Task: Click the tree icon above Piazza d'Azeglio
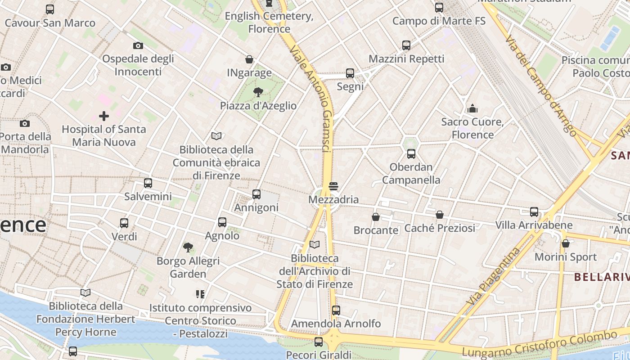258,93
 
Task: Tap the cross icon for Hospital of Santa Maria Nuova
104,116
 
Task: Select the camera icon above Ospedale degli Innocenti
138,45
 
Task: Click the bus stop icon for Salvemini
148,183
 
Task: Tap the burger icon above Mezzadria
333,186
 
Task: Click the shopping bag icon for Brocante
376,217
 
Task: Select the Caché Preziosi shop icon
440,215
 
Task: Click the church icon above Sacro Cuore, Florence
472,108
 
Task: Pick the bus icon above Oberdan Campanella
411,154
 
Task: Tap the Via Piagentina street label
494,278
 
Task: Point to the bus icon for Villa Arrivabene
534,211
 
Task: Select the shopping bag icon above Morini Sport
566,243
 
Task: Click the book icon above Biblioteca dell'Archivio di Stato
315,245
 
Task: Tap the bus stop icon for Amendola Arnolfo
336,310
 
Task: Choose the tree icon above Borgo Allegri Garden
188,247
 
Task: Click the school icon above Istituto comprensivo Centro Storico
200,294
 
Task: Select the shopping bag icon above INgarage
249,59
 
